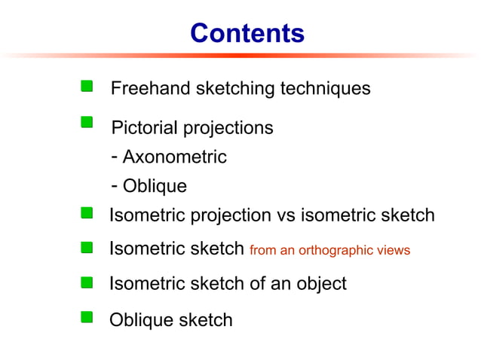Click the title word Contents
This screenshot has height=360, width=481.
click(x=247, y=33)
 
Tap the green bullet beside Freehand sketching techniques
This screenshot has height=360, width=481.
click(x=87, y=87)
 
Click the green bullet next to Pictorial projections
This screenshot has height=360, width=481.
click(x=87, y=124)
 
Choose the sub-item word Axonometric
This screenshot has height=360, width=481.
click(x=174, y=157)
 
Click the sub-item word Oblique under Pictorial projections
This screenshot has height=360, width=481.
click(x=155, y=185)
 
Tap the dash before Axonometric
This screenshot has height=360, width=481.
click(x=113, y=157)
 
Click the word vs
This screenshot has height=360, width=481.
click(x=286, y=215)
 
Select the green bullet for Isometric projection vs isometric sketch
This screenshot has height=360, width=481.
click(x=87, y=214)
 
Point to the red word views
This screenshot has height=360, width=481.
click(x=394, y=250)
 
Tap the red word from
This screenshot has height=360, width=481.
click(x=262, y=250)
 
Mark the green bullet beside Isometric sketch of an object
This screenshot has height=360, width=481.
click(x=87, y=282)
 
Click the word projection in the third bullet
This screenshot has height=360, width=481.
click(x=228, y=216)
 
